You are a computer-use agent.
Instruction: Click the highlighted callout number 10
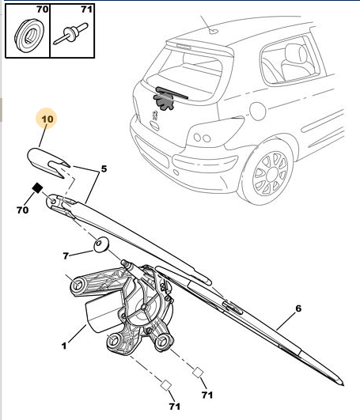(47, 119)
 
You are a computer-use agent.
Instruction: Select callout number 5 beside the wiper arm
(104, 169)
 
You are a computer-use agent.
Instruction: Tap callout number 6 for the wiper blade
(298, 308)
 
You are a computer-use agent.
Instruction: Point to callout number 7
(66, 255)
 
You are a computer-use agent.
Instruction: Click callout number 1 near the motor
(64, 346)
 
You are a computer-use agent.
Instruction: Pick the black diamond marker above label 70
(37, 187)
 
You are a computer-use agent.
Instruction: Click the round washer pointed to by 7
(101, 244)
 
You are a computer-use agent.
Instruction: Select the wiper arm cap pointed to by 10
(48, 162)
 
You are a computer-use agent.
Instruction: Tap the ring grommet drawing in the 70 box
(28, 36)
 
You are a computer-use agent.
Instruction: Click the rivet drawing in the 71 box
(71, 34)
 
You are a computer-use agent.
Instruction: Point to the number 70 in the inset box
(42, 9)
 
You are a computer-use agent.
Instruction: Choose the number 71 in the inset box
(86, 9)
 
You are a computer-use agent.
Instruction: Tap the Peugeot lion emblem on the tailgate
(154, 115)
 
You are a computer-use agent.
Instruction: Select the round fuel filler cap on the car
(257, 111)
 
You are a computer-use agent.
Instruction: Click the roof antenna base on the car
(214, 32)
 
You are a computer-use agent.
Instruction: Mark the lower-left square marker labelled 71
(166, 385)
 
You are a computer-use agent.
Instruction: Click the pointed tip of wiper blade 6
(343, 385)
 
